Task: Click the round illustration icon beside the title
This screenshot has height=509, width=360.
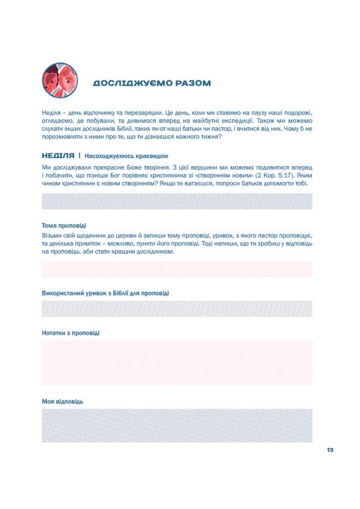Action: [60, 80]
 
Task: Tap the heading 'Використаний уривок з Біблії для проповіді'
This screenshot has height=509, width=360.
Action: [105, 294]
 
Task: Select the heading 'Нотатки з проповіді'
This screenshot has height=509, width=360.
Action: [71, 333]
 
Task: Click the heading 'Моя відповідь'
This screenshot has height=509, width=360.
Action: [62, 401]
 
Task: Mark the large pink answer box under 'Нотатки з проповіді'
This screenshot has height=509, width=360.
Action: [177, 363]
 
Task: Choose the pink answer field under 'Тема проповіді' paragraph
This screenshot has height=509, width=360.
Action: [177, 269]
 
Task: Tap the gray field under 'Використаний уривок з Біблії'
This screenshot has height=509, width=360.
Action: [177, 308]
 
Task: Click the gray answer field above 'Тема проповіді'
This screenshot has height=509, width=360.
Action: [177, 201]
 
